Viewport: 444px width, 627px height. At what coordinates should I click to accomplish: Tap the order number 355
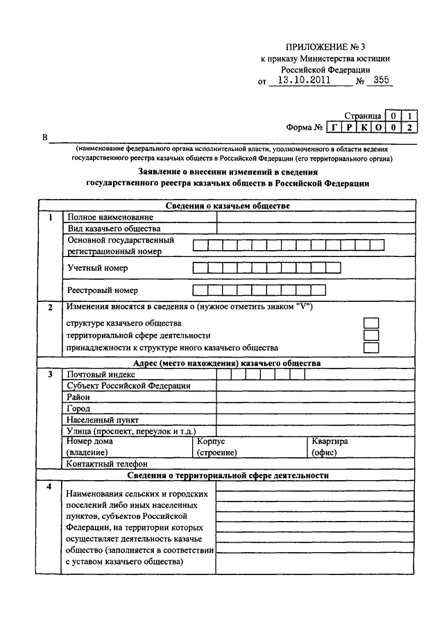382,80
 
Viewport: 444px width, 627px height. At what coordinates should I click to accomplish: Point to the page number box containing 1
411,115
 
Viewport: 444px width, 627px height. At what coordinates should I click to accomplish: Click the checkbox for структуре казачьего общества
372,323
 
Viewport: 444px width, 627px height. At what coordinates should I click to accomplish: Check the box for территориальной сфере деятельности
372,335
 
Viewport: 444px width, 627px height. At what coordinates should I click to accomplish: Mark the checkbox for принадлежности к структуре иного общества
372,347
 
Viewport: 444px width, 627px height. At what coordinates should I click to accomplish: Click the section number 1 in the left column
50,218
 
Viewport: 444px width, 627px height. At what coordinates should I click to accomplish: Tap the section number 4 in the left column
50,486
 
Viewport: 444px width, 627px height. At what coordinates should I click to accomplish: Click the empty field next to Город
316,409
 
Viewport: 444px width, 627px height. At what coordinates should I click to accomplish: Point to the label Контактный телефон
107,463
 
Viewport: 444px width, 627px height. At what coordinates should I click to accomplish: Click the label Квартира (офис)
330,447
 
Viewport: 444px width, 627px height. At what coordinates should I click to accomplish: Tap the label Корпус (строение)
216,447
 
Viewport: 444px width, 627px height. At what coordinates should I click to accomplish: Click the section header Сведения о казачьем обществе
228,206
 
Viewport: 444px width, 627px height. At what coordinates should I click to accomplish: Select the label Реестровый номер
102,290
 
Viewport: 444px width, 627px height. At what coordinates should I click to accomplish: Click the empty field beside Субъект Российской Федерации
316,386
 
